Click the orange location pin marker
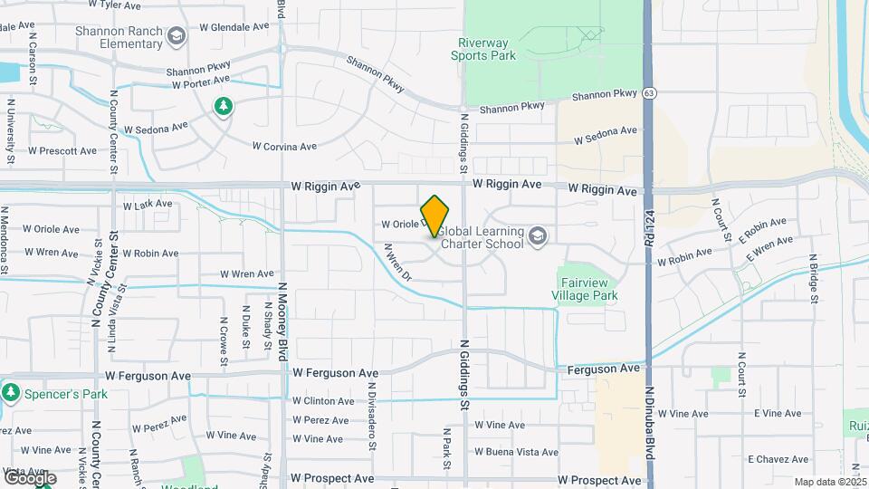[435, 216]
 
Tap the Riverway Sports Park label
[483, 49]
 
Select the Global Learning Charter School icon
[539, 236]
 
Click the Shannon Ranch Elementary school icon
[177, 36]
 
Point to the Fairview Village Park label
[585, 289]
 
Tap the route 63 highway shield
[650, 93]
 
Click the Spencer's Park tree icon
[11, 393]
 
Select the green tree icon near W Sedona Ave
[223, 107]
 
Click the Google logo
[30, 477]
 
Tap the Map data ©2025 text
[830, 482]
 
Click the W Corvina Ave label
[284, 146]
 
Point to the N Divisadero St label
[371, 417]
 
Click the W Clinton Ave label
[323, 400]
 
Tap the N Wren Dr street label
[397, 262]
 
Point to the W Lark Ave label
[147, 205]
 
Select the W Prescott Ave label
[62, 151]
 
